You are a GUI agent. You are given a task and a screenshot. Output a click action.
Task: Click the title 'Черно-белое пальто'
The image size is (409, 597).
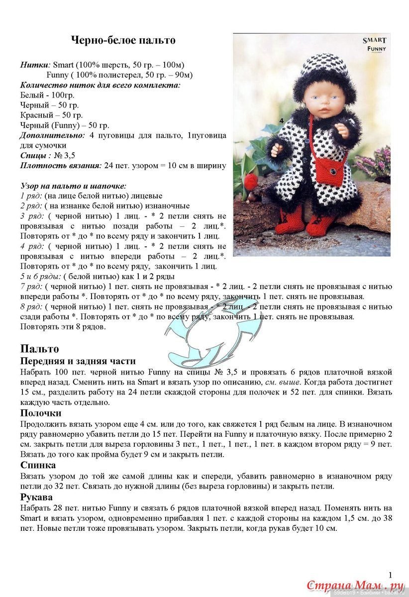tap(123, 40)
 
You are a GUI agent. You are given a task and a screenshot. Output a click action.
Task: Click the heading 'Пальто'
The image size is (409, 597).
tap(39, 349)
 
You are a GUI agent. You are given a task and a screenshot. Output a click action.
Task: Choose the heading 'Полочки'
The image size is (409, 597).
tap(41, 413)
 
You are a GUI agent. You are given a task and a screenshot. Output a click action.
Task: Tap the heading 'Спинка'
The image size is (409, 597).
tap(38, 465)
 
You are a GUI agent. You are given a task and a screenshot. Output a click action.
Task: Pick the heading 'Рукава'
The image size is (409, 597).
tap(36, 497)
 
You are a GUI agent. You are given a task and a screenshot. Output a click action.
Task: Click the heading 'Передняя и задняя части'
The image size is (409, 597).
tap(78, 361)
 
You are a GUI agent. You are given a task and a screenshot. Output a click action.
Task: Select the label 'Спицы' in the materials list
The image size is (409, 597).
tap(35, 156)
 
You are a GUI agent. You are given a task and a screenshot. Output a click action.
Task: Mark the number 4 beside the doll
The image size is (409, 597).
tap(282, 120)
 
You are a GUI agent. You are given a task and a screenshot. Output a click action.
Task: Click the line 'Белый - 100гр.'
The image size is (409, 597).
tap(46, 95)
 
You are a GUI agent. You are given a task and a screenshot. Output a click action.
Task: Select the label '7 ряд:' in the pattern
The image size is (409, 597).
tap(31, 287)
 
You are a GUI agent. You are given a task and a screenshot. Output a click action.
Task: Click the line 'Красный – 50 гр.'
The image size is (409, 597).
tap(51, 115)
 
